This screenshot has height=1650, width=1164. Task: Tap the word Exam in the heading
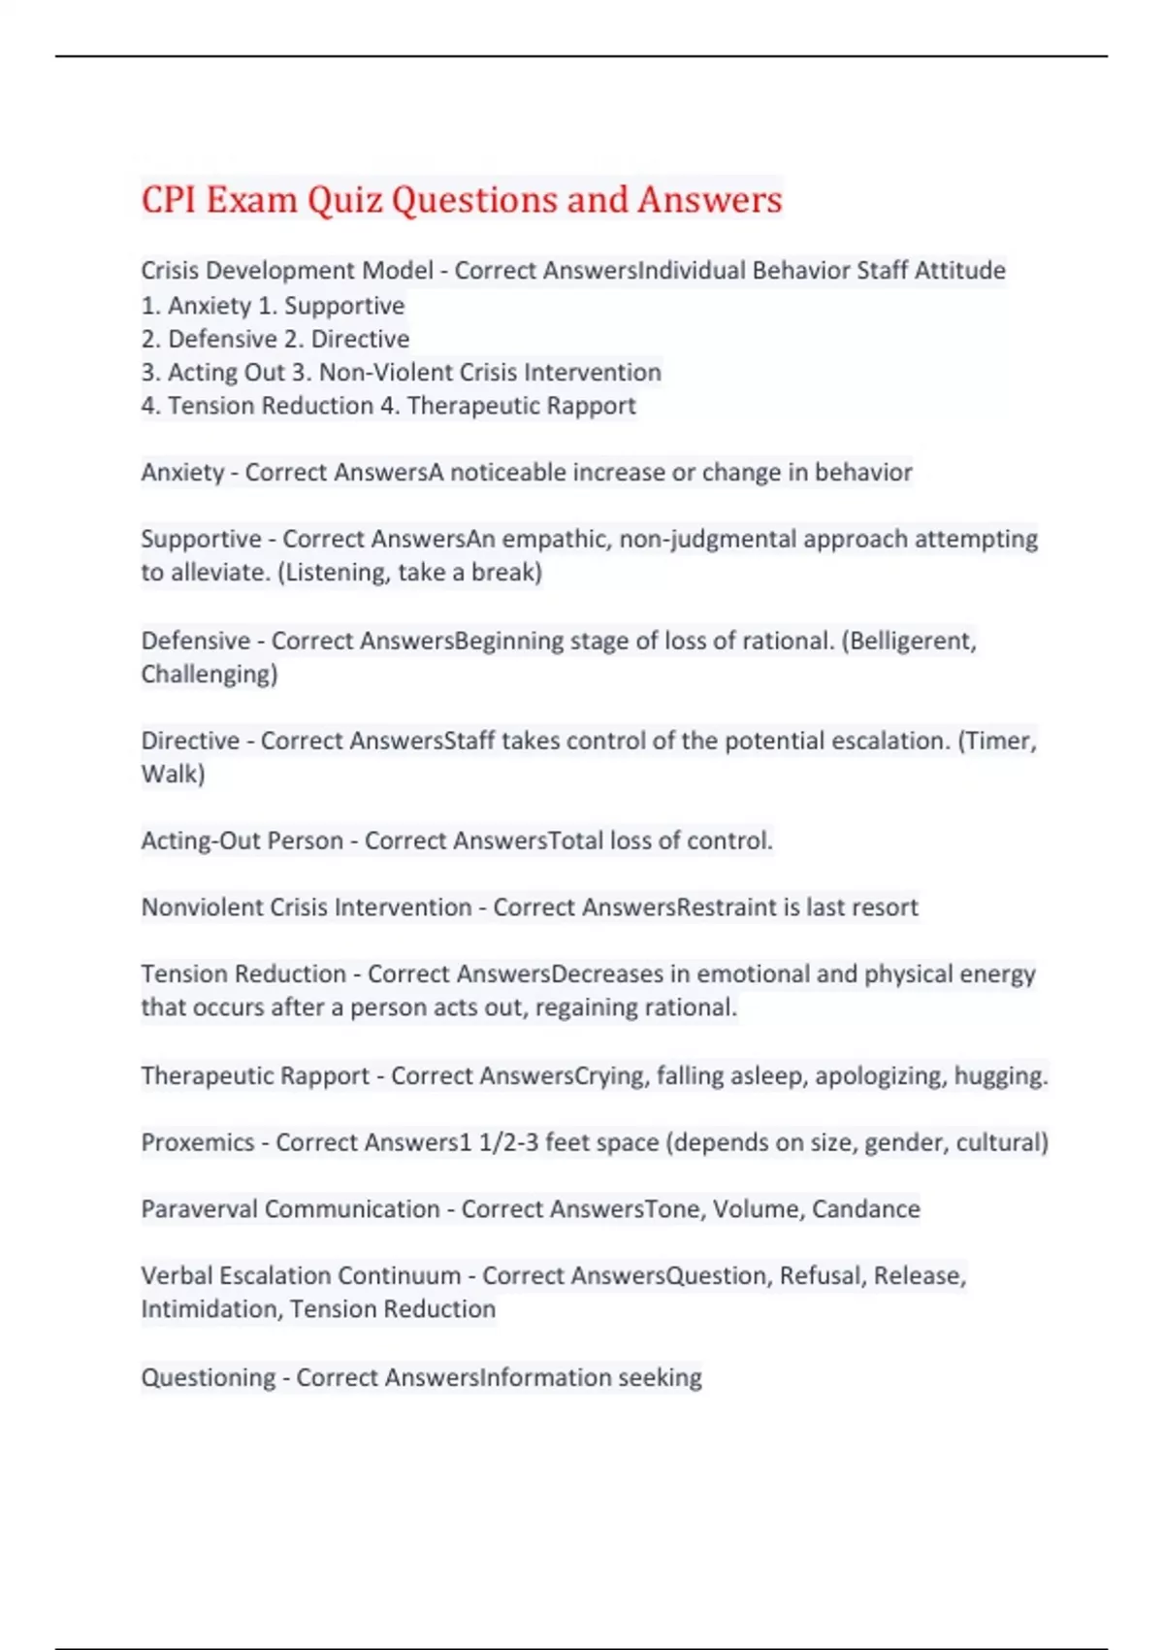point(251,200)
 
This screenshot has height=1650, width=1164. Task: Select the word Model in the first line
point(397,270)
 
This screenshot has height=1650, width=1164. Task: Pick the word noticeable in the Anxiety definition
point(508,473)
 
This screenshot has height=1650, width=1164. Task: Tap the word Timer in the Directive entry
point(1000,741)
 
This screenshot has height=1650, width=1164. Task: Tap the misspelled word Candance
point(865,1209)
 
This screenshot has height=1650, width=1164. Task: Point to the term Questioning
point(208,1377)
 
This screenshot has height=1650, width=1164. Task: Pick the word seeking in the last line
point(660,1377)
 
